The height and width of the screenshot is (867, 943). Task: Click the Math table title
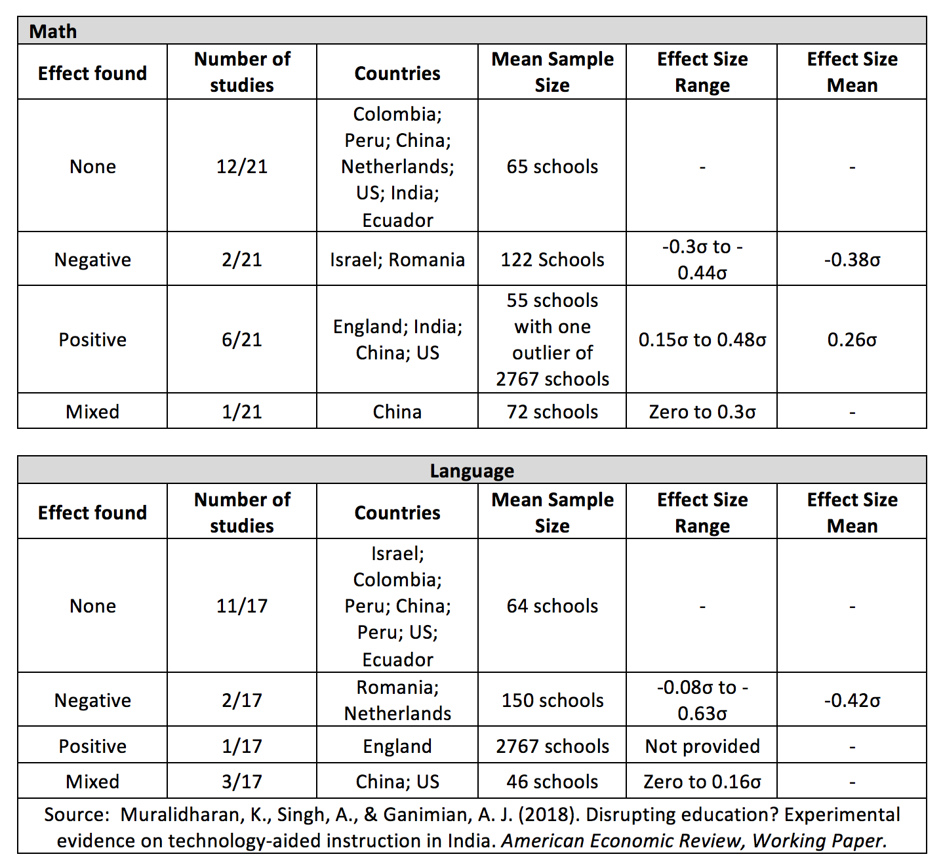[53, 31]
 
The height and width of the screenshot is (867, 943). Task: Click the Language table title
[471, 471]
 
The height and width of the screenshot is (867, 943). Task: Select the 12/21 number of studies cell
[242, 167]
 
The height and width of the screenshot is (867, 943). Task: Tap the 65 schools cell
[552, 167]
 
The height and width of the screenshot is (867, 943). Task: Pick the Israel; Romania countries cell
[397, 260]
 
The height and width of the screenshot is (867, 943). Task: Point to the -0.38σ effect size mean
[852, 260]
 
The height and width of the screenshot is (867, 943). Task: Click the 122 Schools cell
[552, 260]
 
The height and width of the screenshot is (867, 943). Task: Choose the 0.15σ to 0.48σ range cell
[702, 340]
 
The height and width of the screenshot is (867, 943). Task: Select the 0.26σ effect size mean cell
[852, 340]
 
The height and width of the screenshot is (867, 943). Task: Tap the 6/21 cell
[242, 340]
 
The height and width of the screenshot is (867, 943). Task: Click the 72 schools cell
[552, 412]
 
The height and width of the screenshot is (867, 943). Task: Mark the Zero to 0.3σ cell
[702, 412]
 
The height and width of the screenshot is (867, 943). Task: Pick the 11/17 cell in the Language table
[242, 606]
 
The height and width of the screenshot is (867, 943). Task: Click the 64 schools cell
[552, 606]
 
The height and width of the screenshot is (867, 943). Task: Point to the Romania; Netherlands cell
[397, 700]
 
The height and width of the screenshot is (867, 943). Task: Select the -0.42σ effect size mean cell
[852, 700]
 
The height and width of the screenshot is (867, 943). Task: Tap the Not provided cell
[702, 746]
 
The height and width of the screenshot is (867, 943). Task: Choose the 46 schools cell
[552, 782]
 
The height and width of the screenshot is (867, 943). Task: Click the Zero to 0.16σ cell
[702, 782]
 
